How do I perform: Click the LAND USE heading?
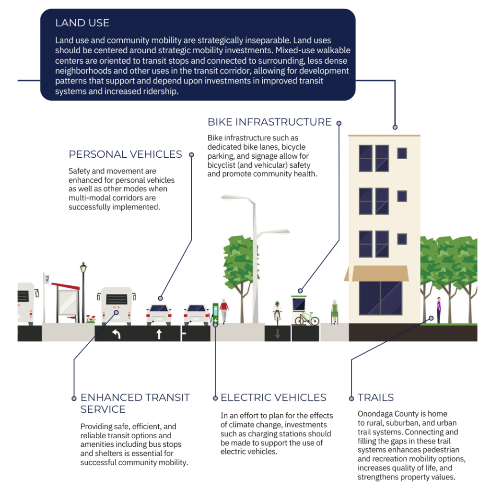click(82, 23)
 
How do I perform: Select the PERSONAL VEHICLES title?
click(125, 154)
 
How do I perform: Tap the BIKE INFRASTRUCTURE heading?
click(269, 122)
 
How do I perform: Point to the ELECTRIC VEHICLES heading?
click(273, 397)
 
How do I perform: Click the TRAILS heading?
click(375, 397)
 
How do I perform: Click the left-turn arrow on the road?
click(117, 334)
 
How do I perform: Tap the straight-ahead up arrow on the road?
click(159, 334)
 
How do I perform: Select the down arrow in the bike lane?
click(277, 334)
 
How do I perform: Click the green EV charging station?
click(216, 313)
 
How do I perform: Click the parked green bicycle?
click(307, 318)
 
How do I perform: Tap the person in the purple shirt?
click(438, 309)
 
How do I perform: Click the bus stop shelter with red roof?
click(66, 300)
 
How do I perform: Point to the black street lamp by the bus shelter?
click(83, 290)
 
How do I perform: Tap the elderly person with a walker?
click(334, 312)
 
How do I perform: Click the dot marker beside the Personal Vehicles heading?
click(191, 154)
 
